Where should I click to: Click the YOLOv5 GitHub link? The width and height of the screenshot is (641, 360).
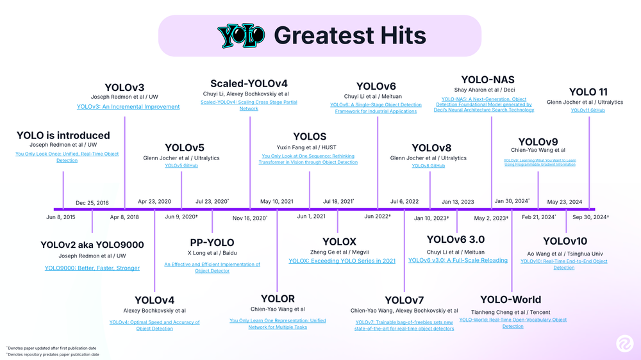click(x=181, y=166)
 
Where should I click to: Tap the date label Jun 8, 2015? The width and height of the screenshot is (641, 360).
click(x=61, y=217)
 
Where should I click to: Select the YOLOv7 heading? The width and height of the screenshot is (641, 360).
click(x=404, y=300)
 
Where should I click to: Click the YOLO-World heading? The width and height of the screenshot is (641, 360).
click(x=510, y=300)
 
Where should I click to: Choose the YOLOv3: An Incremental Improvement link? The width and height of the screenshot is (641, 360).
click(x=128, y=107)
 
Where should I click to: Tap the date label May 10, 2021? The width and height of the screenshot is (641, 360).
click(x=276, y=202)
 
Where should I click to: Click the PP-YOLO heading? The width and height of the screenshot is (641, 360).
click(x=212, y=243)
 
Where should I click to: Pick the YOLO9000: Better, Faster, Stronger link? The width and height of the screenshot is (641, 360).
click(x=92, y=268)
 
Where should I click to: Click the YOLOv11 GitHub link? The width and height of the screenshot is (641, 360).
click(x=588, y=110)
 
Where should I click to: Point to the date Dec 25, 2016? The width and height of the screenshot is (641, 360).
click(x=92, y=203)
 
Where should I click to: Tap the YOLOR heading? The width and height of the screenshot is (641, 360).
click(x=278, y=299)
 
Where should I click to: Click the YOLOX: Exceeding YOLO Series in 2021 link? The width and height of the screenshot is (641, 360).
click(x=342, y=261)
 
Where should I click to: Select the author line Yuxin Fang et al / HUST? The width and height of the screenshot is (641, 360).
click(x=310, y=147)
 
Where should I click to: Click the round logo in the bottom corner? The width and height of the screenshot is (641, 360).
click(x=622, y=344)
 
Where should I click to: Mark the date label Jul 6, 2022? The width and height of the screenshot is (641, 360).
click(x=404, y=202)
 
